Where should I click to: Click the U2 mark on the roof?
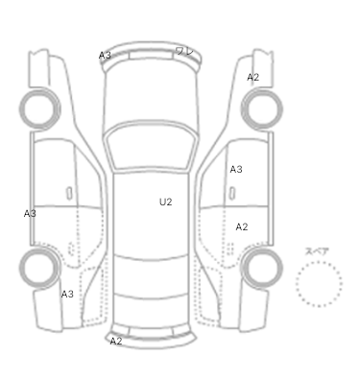pyautogui.click(x=166, y=202)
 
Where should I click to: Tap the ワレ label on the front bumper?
pyautogui.click(x=185, y=51)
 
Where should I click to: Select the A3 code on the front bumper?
pyautogui.click(x=105, y=56)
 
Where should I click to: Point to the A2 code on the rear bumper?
pyautogui.click(x=116, y=342)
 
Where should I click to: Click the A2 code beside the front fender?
pyautogui.click(x=253, y=77)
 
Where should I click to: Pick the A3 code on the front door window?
pyautogui.click(x=236, y=169)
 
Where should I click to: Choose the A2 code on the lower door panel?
pyautogui.click(x=242, y=226)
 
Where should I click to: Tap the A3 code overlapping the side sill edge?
pyautogui.click(x=30, y=214)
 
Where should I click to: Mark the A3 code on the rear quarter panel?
pyautogui.click(x=67, y=294)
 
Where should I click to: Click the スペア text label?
pyautogui.click(x=317, y=251)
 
